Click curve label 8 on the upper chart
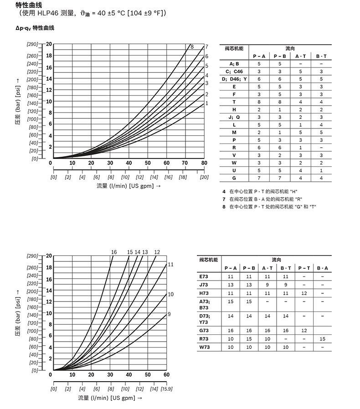click(192, 46)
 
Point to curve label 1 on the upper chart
click(206, 103)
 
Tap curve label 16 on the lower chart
click(114, 252)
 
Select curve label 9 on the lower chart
click(169, 314)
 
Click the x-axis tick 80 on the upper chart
click(204, 163)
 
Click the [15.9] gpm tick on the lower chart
click(167, 389)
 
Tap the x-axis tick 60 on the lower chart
click(166, 374)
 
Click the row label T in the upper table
click(234, 102)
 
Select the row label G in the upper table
click(234, 178)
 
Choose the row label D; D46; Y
click(234, 79)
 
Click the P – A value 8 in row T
click(259, 102)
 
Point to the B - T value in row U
click(321, 170)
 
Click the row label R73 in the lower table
click(205, 339)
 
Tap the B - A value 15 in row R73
click(323, 339)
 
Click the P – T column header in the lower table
click(304, 268)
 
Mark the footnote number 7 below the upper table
click(224, 199)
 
